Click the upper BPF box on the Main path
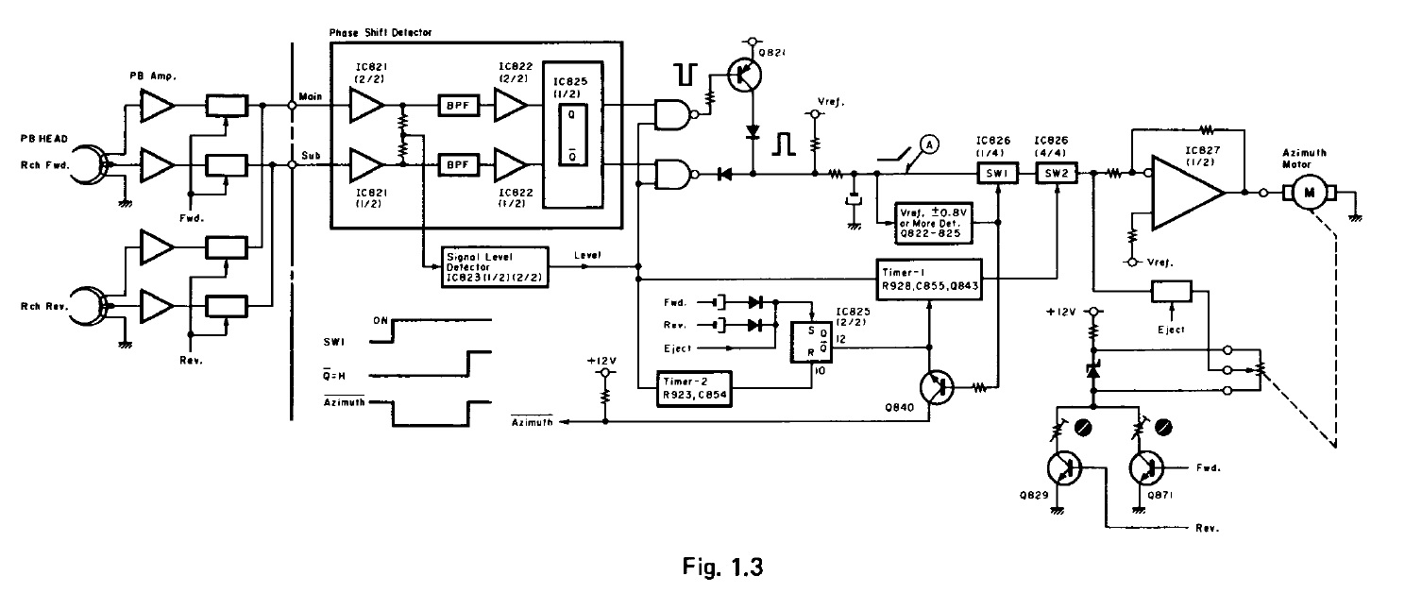(457, 109)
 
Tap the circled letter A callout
(929, 144)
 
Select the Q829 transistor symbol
(1065, 469)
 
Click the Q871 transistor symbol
(1146, 469)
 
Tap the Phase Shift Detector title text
(380, 33)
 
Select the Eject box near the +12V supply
(1171, 292)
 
